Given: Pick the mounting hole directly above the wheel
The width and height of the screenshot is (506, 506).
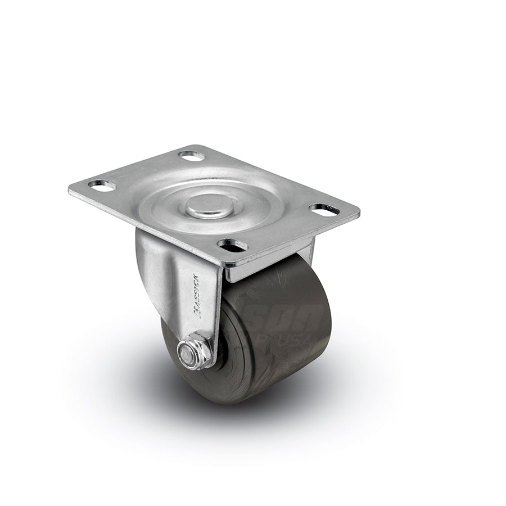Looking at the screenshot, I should tap(232, 245).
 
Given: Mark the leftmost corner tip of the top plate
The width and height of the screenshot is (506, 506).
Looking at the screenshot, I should tap(70, 190).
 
